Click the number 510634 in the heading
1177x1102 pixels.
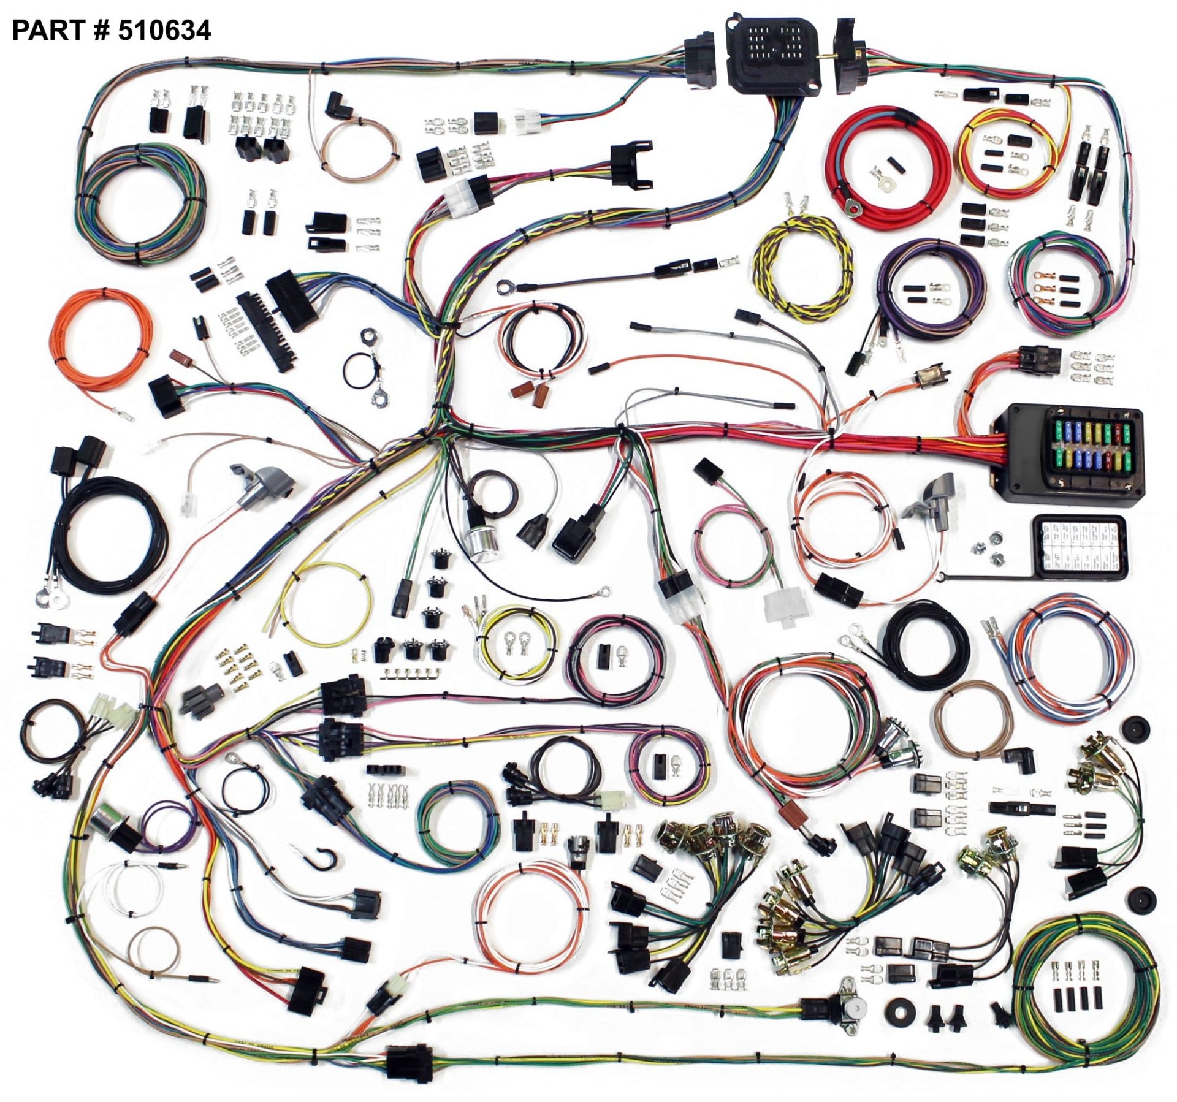click(x=164, y=30)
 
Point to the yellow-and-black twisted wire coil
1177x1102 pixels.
click(x=804, y=270)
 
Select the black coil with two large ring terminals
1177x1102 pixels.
click(x=112, y=534)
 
